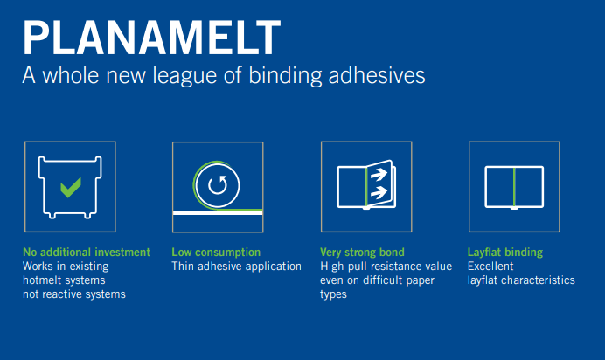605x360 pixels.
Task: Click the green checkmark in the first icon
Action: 70,186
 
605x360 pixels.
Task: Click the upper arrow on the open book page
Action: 379,174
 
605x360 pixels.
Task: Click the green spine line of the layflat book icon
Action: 514,185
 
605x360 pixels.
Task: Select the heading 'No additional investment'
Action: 87,253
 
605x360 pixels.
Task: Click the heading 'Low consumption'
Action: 216,253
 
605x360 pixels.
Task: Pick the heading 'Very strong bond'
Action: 362,253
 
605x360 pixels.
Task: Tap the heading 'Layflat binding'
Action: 505,253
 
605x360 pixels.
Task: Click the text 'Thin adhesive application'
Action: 236,267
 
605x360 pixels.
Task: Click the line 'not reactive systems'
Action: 73,294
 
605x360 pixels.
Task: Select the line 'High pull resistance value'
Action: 386,267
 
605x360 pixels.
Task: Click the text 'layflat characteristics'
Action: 521,280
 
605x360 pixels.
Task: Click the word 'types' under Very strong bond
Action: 334,294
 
